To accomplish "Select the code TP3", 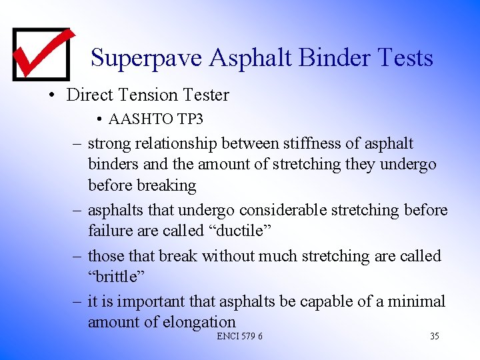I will (190, 119).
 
